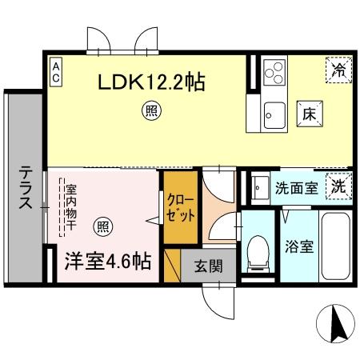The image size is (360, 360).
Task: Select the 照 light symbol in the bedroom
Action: coord(102,226)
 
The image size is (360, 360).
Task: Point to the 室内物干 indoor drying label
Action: coord(70,210)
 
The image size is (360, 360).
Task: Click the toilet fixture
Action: coord(259,253)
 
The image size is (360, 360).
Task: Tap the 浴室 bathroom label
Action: coord(302,245)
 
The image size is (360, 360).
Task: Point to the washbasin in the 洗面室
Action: coord(258,189)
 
